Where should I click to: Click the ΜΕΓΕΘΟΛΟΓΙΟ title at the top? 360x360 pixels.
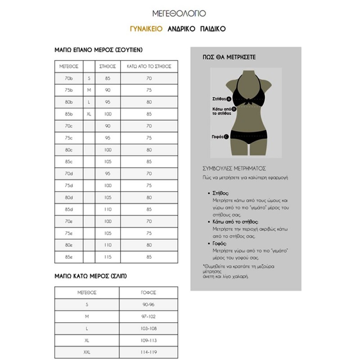tap(180, 13)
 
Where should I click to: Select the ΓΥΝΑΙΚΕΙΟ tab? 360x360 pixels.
tap(146, 29)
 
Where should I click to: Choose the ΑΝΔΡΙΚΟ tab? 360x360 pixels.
tap(181, 29)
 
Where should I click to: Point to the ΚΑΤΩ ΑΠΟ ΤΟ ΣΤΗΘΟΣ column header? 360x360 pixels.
tap(149, 66)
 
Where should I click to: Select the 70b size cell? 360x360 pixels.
tap(69, 78)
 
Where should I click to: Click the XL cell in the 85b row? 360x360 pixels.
tap(89, 114)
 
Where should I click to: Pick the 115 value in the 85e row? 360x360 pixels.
tap(108, 257)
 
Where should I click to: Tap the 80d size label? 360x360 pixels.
tap(69, 198)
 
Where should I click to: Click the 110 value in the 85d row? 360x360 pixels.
tap(108, 209)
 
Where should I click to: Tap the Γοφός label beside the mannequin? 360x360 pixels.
tap(219, 136)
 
